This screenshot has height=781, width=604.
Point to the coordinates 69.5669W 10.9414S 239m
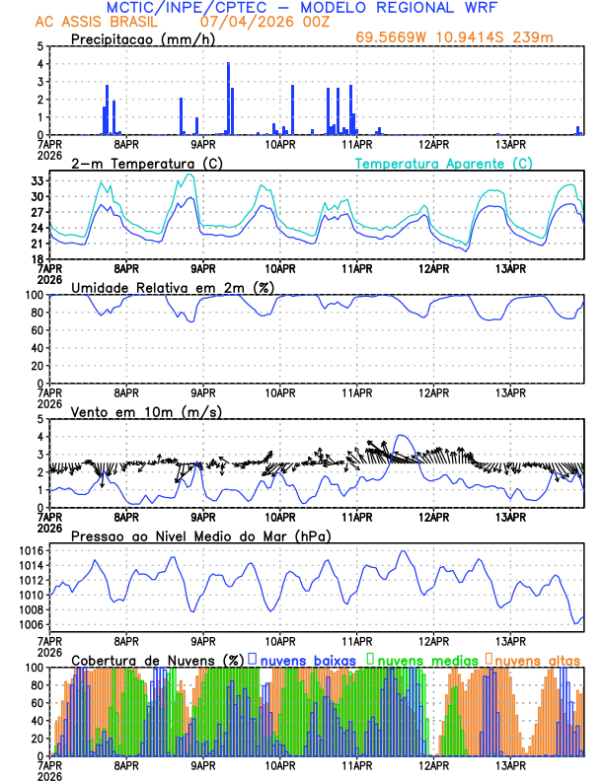(469, 38)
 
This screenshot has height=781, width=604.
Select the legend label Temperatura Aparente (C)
(444, 163)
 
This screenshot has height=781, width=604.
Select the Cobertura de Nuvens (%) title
(157, 659)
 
